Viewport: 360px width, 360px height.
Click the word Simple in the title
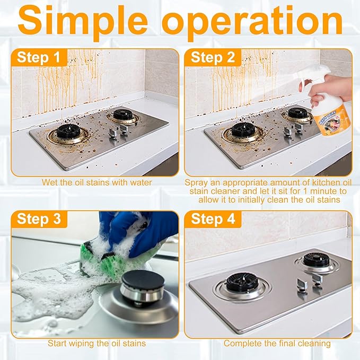[83, 22]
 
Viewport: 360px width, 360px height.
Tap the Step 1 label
[38, 57]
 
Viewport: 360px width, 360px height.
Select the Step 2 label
[213, 57]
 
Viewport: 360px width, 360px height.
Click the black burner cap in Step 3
[143, 280]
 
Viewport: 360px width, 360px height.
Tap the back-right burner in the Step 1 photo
[123, 116]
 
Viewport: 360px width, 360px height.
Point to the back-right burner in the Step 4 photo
[317, 262]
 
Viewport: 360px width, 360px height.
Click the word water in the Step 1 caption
[141, 183]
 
